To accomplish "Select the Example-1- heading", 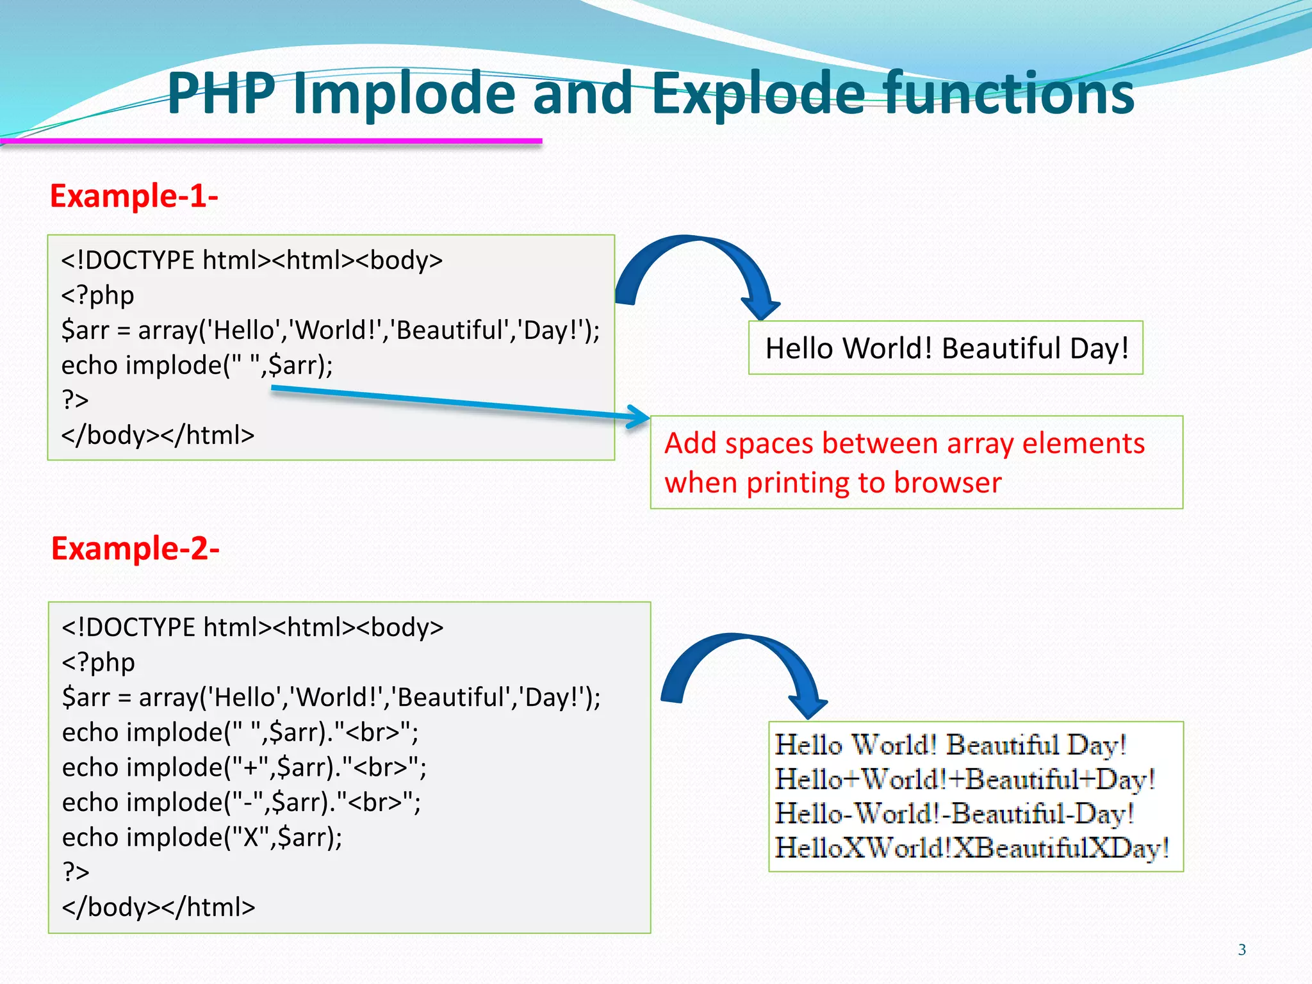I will pos(134,195).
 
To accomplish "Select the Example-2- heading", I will pos(135,548).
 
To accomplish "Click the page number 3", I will pos(1242,949).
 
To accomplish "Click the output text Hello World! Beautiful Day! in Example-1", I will pos(946,348).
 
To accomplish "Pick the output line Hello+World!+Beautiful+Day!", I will pos(965,780).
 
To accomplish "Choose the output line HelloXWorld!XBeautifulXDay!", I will pos(971,848).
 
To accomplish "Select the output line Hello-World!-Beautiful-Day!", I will pos(955,814).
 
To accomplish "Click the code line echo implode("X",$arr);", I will pos(202,837).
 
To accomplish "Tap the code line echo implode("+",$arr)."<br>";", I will pos(243,767).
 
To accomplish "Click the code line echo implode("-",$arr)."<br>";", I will pos(242,802).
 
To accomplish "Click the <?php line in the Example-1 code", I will pos(97,295).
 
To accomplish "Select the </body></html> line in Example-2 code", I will pos(158,907).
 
